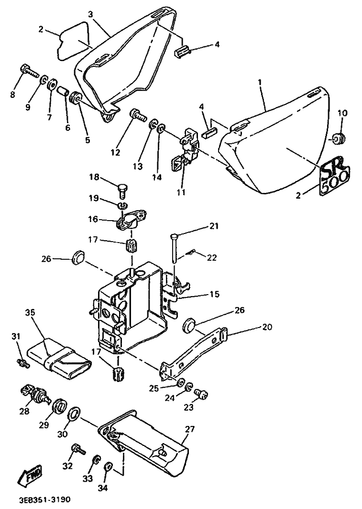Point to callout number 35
pos(30,313)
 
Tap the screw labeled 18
pos(122,191)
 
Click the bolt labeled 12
pos(138,115)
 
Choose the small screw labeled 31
pos(22,364)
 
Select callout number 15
pos(214,295)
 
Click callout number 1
pos(260,82)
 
